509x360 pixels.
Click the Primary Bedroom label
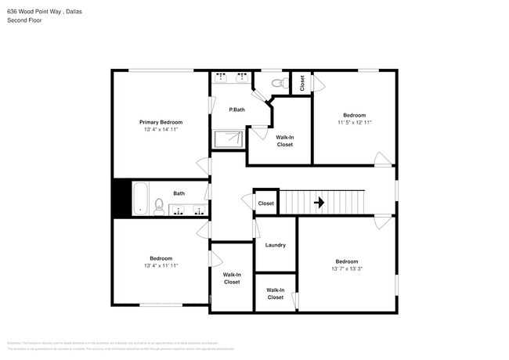[x=161, y=122]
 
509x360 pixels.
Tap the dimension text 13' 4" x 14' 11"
[x=161, y=129]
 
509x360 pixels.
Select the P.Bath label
[x=236, y=110]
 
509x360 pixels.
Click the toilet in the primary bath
[x=276, y=81]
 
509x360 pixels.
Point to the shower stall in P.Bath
[x=230, y=139]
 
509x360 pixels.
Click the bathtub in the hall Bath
[x=141, y=198]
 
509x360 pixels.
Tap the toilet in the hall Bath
[x=159, y=207]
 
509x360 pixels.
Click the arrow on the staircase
[x=319, y=202]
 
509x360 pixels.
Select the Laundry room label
[x=275, y=245]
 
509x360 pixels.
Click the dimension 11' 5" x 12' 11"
[x=354, y=122]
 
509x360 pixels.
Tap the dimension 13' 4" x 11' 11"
[x=161, y=265]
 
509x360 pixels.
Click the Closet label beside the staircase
[x=266, y=203]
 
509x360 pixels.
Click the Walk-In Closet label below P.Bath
[x=284, y=141]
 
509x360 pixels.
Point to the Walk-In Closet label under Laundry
[x=276, y=293]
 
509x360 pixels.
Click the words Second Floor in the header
[x=24, y=20]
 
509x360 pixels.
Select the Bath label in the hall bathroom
[x=179, y=193]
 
